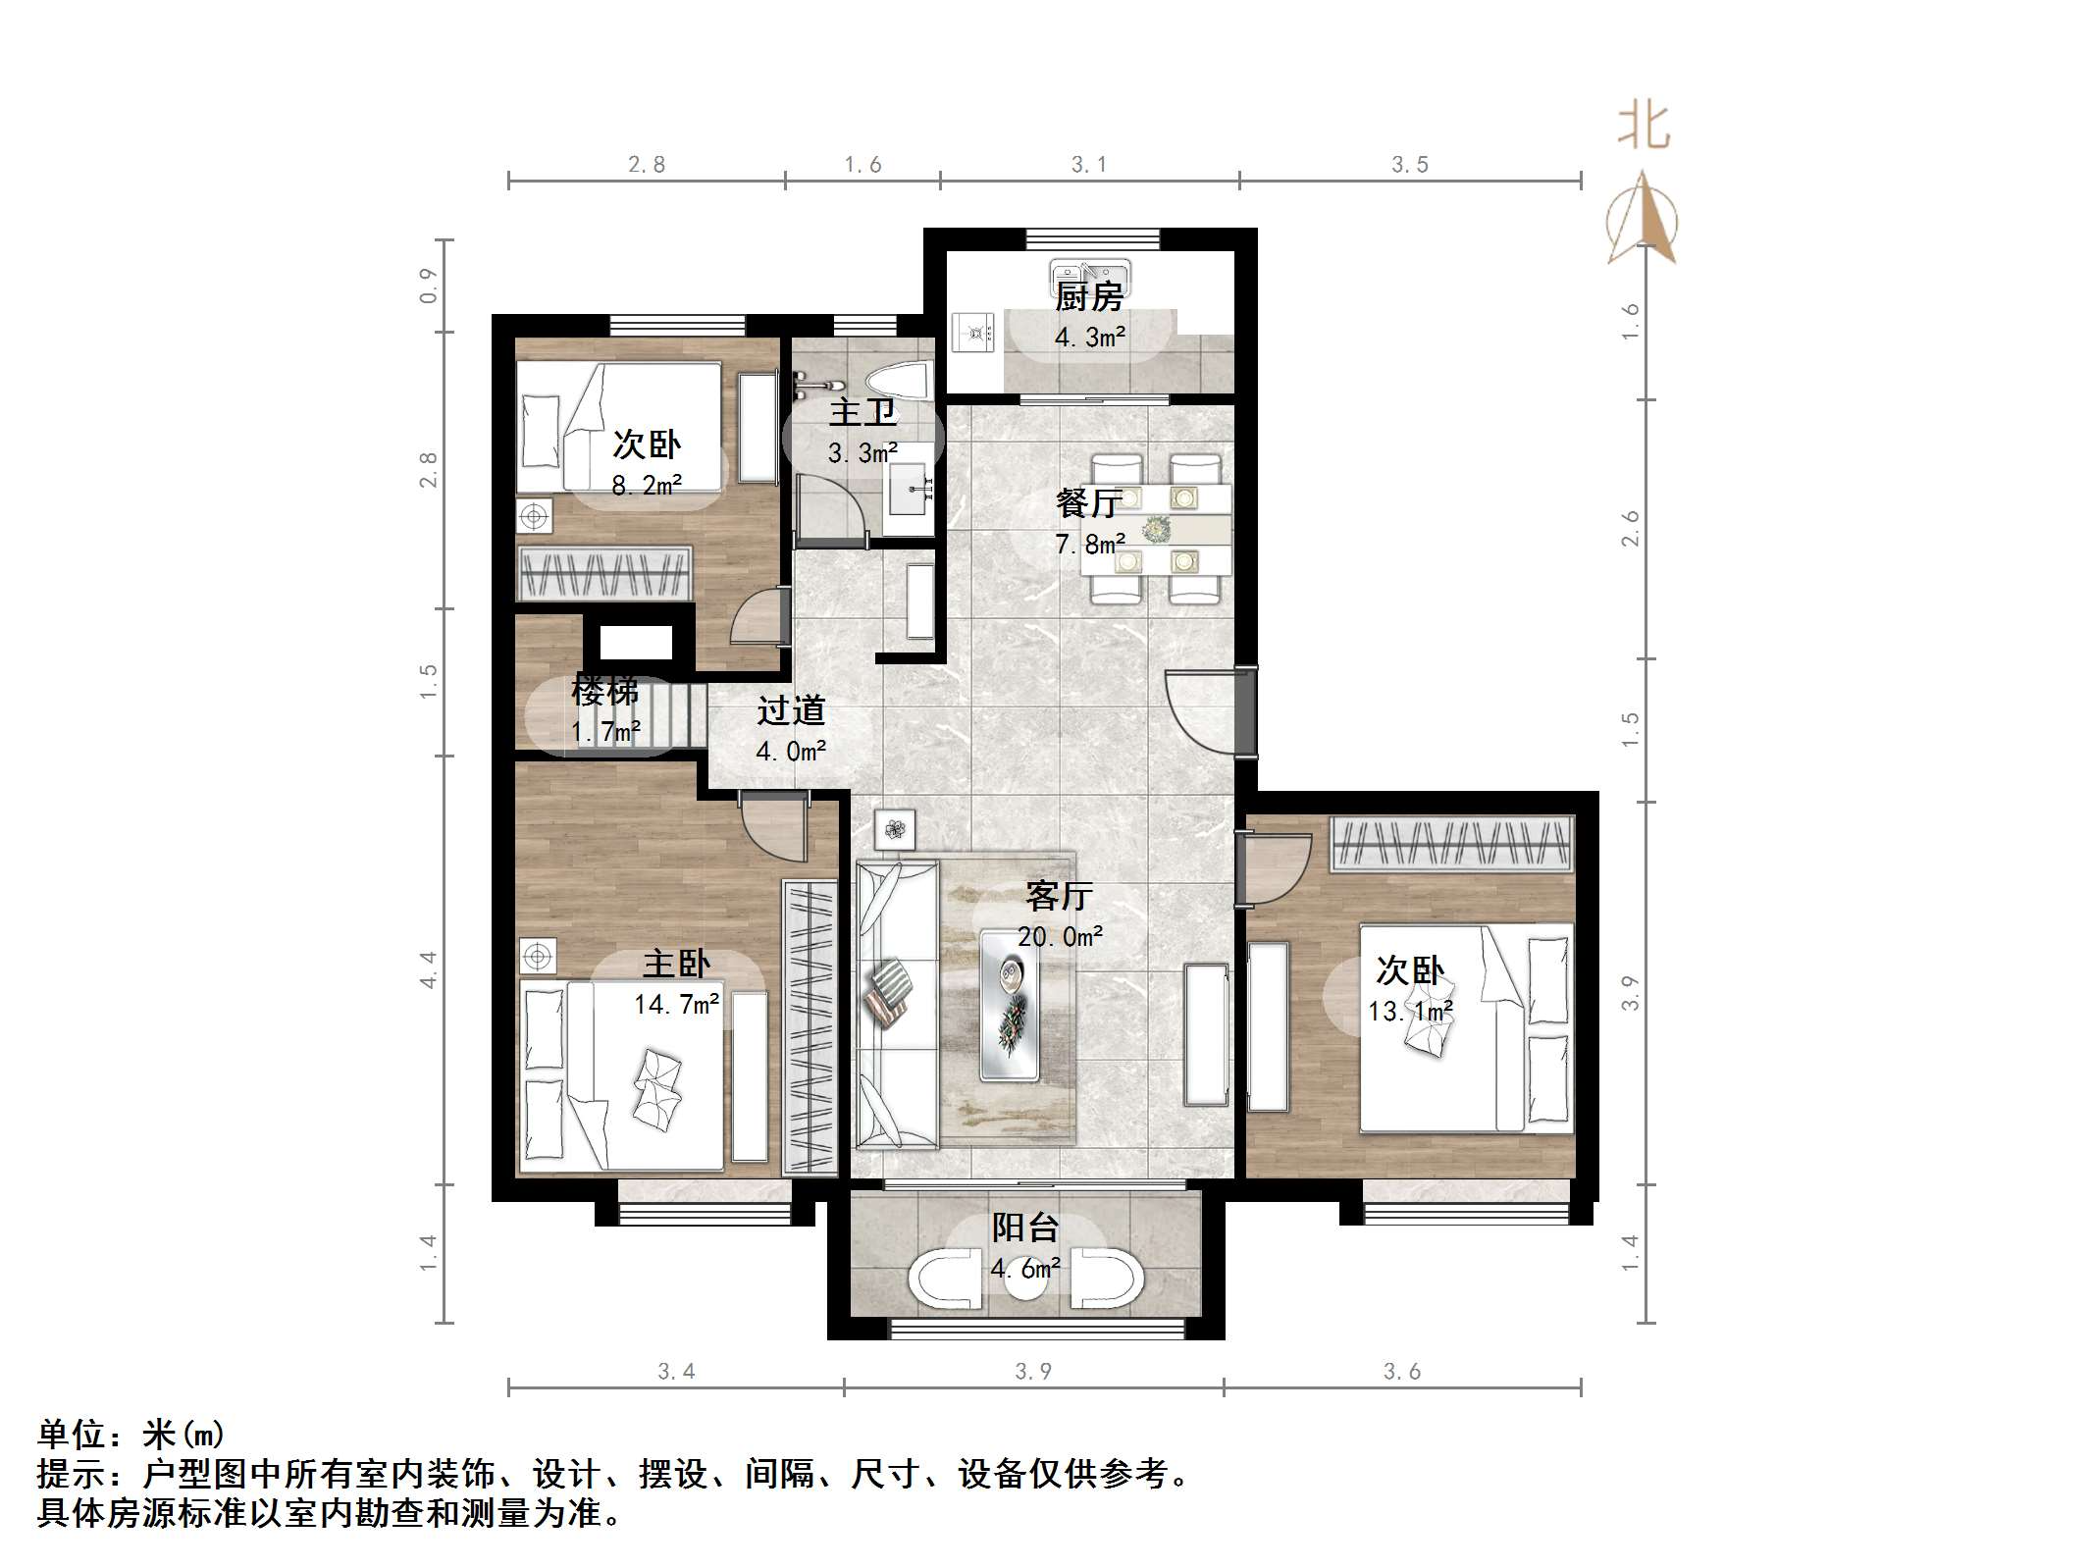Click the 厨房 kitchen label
1088,295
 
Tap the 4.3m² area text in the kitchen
1089,338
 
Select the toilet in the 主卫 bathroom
898,382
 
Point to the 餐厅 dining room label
1088,503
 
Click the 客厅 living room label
1059,895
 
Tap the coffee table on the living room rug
1010,1005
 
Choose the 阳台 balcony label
1025,1228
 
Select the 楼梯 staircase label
604,692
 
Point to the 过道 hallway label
791,710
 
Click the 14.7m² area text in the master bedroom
676,1004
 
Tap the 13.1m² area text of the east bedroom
1410,1011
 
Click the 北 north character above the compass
1644,127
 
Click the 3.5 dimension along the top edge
1410,165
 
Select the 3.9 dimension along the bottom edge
1033,1372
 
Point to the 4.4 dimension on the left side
428,969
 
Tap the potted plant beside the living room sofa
894,830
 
